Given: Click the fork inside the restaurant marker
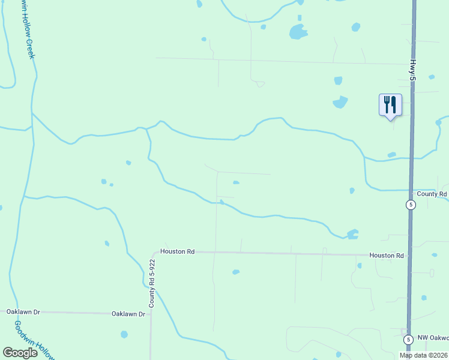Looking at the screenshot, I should [387, 104].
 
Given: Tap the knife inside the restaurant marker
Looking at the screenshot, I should [394, 104].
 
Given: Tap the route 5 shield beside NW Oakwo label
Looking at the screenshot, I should [408, 340].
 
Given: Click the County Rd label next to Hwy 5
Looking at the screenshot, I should [432, 194].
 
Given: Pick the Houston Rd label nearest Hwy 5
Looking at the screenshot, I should [386, 256].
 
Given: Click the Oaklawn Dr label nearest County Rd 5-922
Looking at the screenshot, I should [129, 314].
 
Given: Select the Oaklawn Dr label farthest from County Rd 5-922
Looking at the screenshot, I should [23, 312].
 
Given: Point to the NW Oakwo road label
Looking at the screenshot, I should [433, 338].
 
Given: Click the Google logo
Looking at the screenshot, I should [20, 353].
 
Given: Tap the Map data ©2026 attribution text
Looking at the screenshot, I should [423, 355].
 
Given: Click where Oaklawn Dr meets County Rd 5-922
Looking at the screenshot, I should [151, 313].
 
